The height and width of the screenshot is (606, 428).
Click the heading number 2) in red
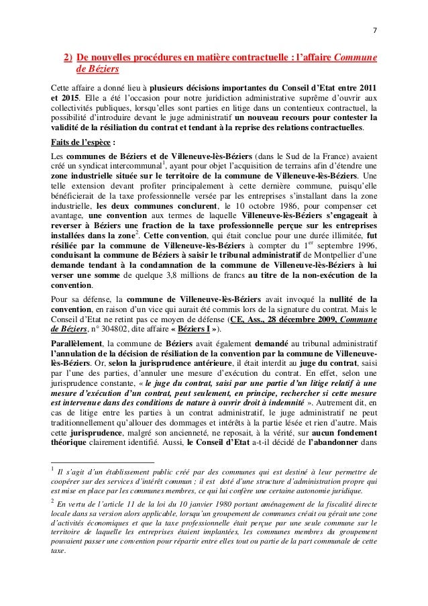point(68,58)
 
